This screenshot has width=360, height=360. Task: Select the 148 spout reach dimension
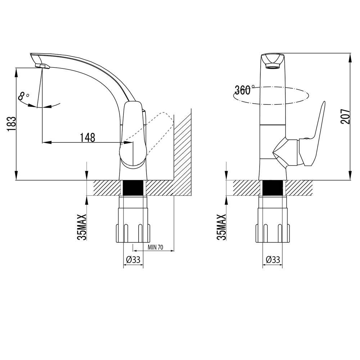87,138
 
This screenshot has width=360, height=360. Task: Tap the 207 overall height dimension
345,116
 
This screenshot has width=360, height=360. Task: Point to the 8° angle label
23,96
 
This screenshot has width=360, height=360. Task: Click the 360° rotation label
244,90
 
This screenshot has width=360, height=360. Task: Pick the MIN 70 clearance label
156,247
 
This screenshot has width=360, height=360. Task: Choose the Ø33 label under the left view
133,260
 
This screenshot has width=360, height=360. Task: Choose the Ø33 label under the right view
273,260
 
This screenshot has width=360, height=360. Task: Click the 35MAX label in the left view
82,227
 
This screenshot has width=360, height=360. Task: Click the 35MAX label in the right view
221,227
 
